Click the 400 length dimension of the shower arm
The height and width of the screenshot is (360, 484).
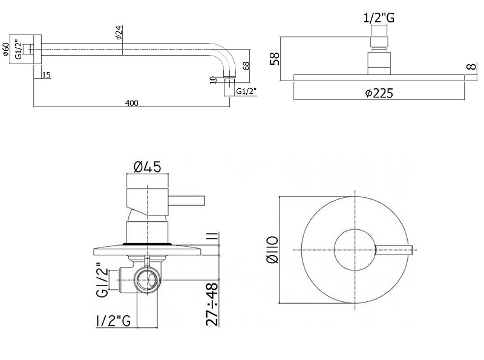pyautogui.click(x=132, y=102)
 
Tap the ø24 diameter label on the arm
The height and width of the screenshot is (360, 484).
pyautogui.click(x=119, y=34)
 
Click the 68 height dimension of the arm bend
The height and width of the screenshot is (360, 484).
pyautogui.click(x=247, y=66)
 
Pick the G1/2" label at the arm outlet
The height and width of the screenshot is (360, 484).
pyautogui.click(x=246, y=91)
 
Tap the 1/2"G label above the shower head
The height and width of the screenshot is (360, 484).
pyautogui.click(x=379, y=18)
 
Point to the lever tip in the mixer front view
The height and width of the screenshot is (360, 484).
pyautogui.click(x=413, y=250)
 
